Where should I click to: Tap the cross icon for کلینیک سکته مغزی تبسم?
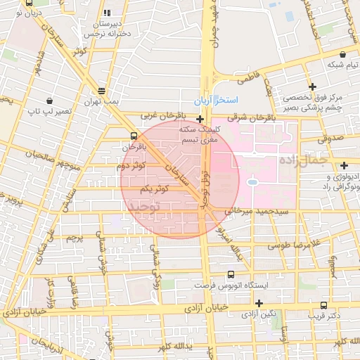point(200,119)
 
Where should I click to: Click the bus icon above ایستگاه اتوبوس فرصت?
point(231,275)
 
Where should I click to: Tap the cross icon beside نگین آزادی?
point(259,303)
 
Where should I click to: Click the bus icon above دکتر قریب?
point(323,305)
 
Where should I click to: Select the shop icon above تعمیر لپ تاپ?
point(49,101)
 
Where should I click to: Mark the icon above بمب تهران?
point(103,91)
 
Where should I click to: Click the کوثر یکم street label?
point(153,189)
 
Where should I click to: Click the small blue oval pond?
point(252,183)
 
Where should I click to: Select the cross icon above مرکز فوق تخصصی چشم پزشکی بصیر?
point(312,86)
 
